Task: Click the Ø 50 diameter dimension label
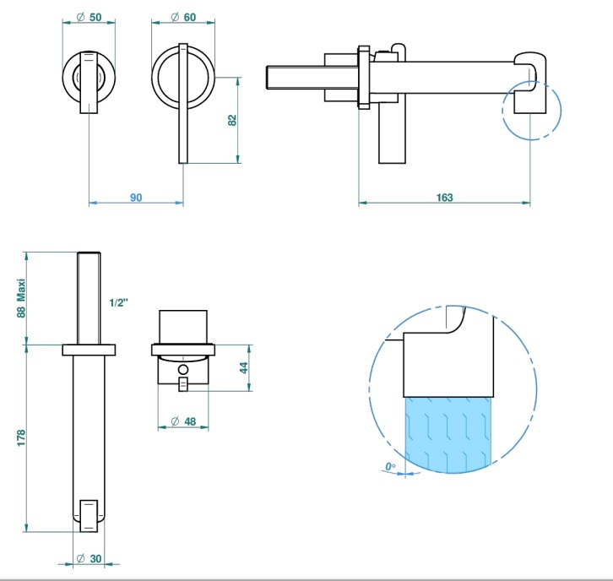(x=90, y=17)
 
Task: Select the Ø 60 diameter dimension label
(x=183, y=17)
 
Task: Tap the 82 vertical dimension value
(x=232, y=120)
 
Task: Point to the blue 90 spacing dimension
(x=136, y=198)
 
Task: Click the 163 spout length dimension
(x=444, y=198)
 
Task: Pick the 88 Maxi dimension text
(x=21, y=298)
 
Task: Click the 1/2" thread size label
(x=118, y=302)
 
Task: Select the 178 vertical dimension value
(x=21, y=437)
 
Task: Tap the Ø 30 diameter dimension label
(x=90, y=559)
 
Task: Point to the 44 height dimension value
(x=243, y=368)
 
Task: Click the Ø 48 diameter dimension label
(x=183, y=421)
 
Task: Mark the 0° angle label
(x=390, y=466)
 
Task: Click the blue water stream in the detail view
(x=448, y=434)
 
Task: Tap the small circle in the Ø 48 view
(x=183, y=369)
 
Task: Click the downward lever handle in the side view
(x=392, y=133)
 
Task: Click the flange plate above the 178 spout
(x=89, y=350)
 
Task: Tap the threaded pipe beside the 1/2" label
(x=89, y=298)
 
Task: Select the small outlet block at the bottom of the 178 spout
(x=89, y=515)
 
